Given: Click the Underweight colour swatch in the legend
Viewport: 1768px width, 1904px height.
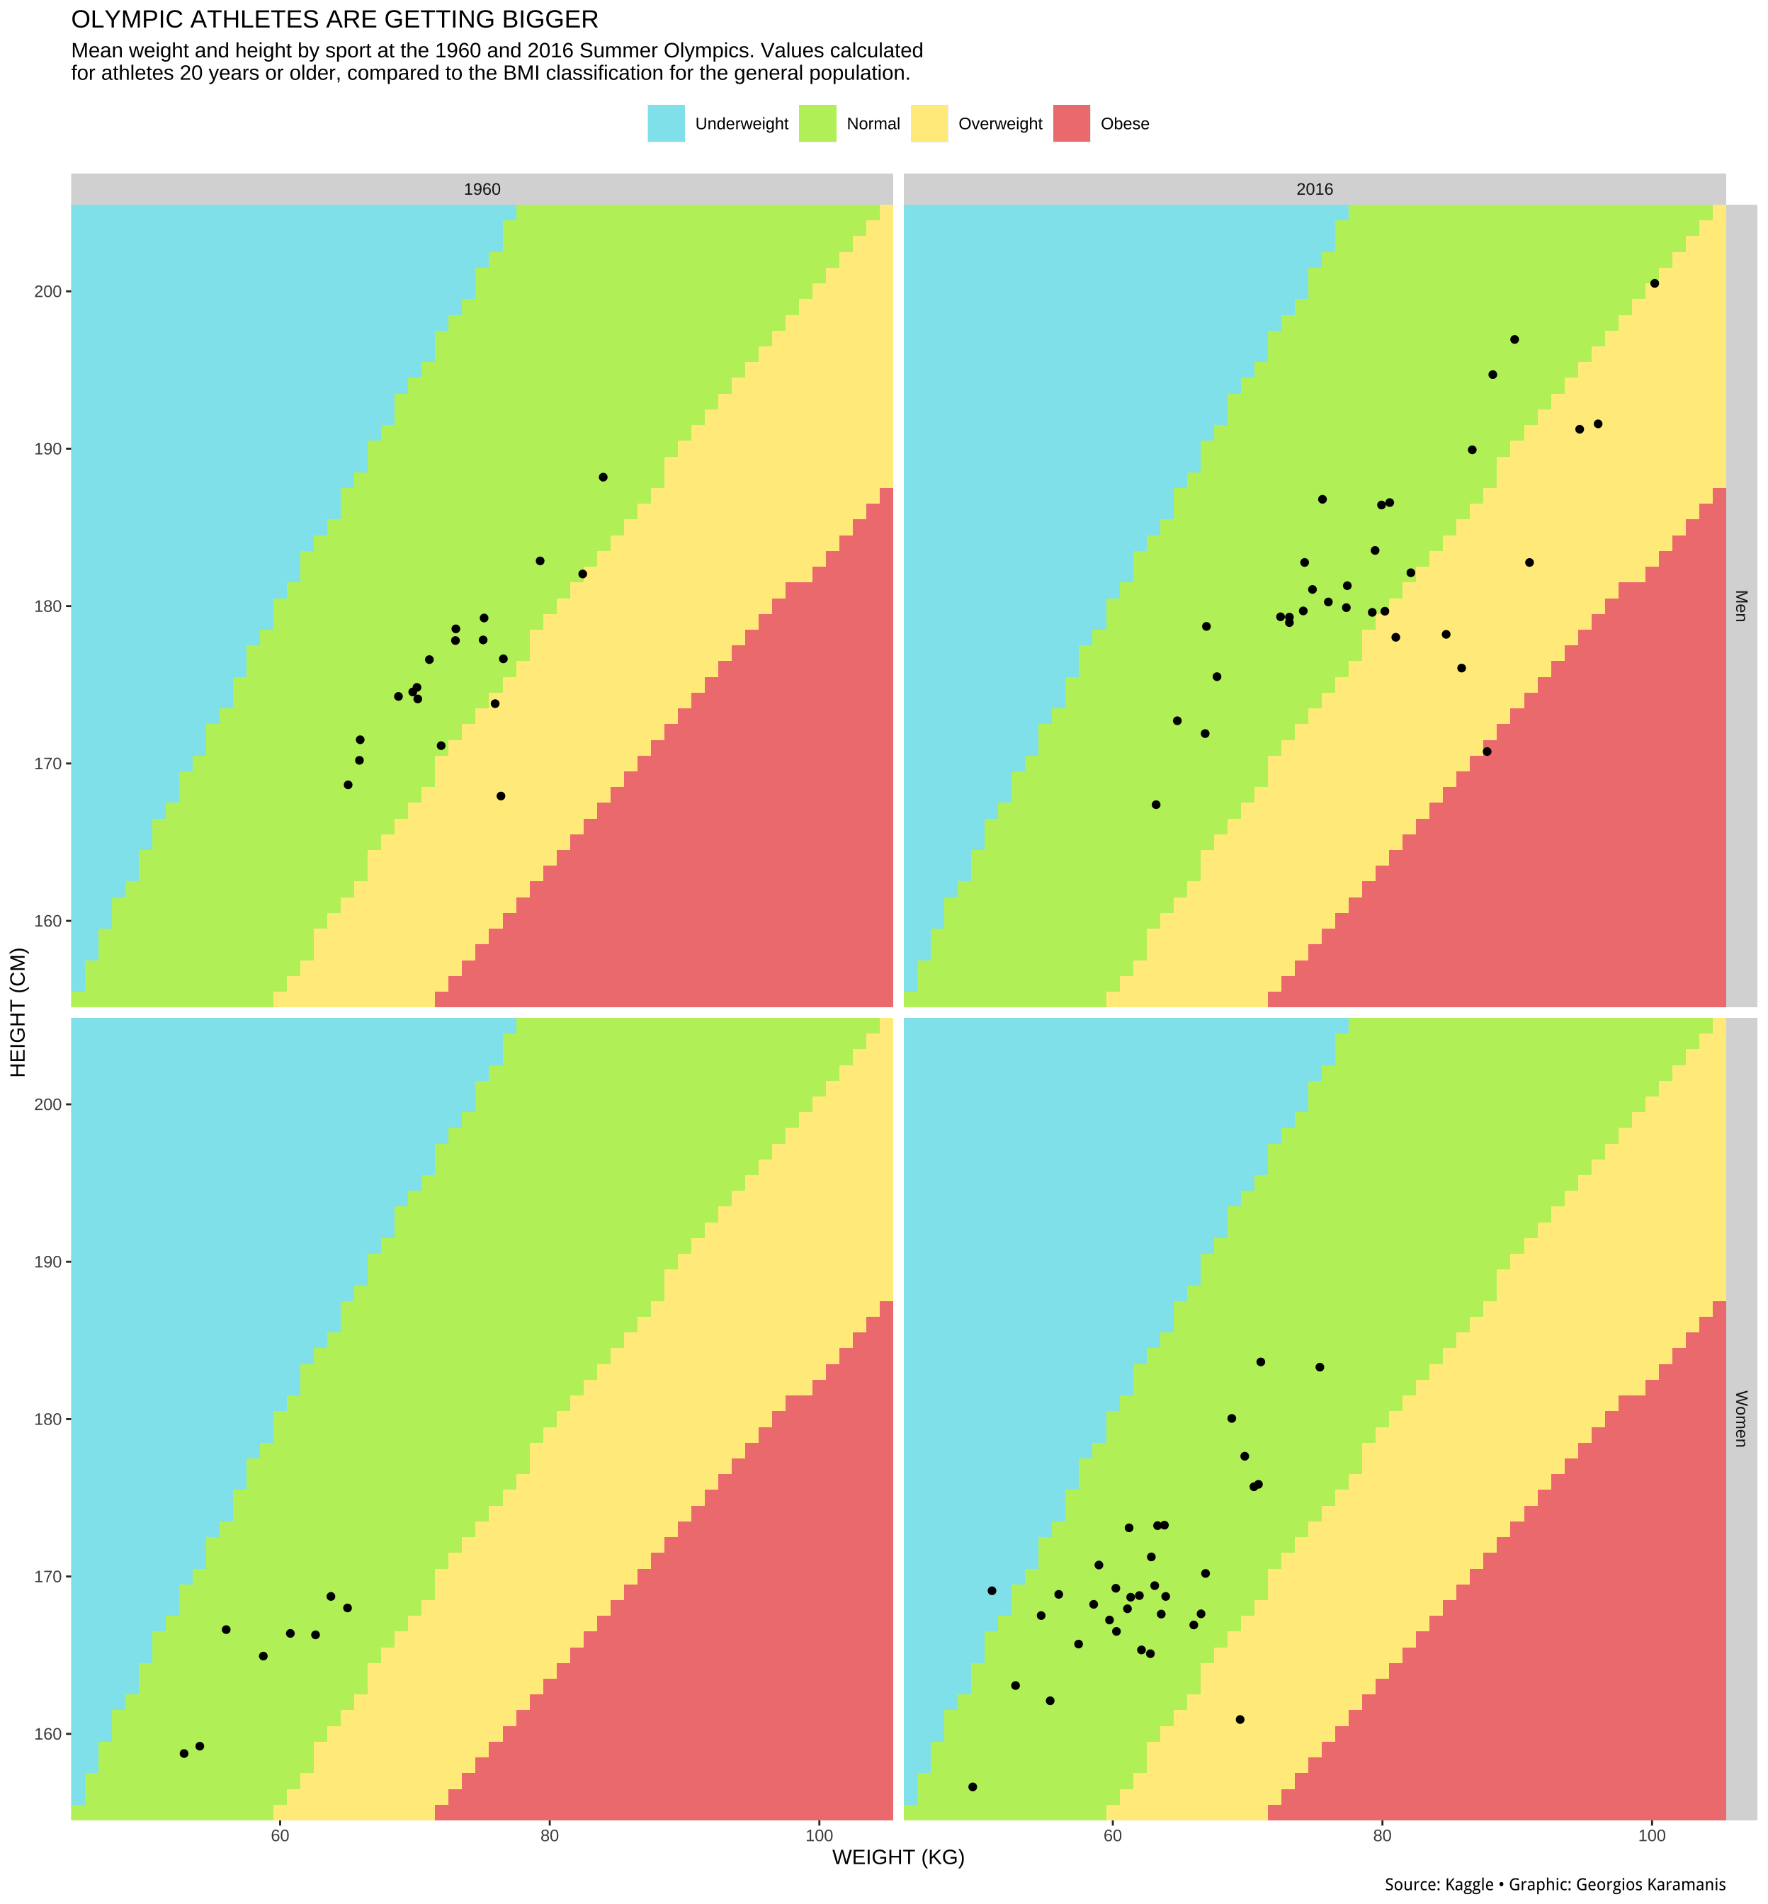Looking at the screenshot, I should tap(666, 123).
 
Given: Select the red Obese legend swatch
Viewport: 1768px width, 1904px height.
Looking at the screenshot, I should tap(1072, 123).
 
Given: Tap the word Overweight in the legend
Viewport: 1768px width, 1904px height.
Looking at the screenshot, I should tap(999, 123).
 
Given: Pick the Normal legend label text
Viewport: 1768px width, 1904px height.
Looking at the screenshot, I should tap(873, 123).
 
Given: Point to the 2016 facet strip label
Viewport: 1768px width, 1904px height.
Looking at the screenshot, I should tap(1315, 189).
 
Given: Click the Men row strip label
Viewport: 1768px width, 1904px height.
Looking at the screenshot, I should tap(1740, 605).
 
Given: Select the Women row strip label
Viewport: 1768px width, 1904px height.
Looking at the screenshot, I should tap(1740, 1418).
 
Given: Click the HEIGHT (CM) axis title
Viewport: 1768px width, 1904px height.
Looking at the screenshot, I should tap(19, 1012).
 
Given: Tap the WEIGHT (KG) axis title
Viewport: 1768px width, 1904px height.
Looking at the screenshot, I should tap(898, 1858).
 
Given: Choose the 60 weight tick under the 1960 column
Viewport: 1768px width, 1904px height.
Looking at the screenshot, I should tap(280, 1836).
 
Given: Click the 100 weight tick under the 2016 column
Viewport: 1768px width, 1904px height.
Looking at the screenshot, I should tap(1653, 1836).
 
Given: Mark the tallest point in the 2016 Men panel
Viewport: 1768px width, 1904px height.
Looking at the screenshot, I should tap(1654, 283).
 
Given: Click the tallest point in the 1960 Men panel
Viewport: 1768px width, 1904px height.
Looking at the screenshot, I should tap(603, 477).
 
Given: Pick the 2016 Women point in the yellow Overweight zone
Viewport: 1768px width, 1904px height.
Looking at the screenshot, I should tap(1240, 1719).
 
